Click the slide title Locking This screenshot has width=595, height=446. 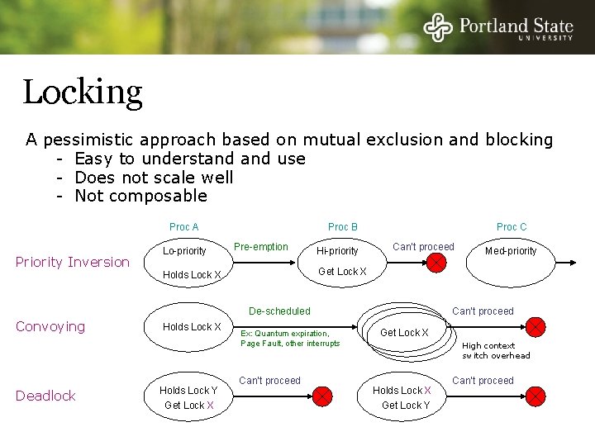[x=83, y=93]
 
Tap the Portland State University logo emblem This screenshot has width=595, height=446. [x=438, y=26]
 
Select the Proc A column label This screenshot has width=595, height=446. [x=183, y=227]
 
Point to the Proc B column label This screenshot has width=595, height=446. [x=343, y=227]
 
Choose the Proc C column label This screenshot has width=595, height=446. [x=512, y=227]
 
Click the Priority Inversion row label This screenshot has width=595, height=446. [x=73, y=262]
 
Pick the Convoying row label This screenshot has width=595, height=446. [x=50, y=326]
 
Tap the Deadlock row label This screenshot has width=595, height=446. [x=45, y=396]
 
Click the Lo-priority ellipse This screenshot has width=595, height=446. [x=184, y=250]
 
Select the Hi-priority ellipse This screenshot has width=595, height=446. [x=337, y=251]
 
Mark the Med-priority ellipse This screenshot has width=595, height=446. [x=511, y=251]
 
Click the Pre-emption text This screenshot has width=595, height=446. [x=261, y=247]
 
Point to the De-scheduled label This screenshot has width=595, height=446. [x=279, y=311]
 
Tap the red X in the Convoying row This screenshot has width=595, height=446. [x=536, y=327]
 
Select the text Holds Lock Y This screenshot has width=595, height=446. [x=188, y=391]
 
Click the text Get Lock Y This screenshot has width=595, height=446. [x=406, y=406]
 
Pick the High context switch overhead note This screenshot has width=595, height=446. [x=496, y=350]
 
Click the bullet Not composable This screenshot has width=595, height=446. [x=140, y=196]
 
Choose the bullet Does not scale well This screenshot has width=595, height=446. [x=154, y=178]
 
